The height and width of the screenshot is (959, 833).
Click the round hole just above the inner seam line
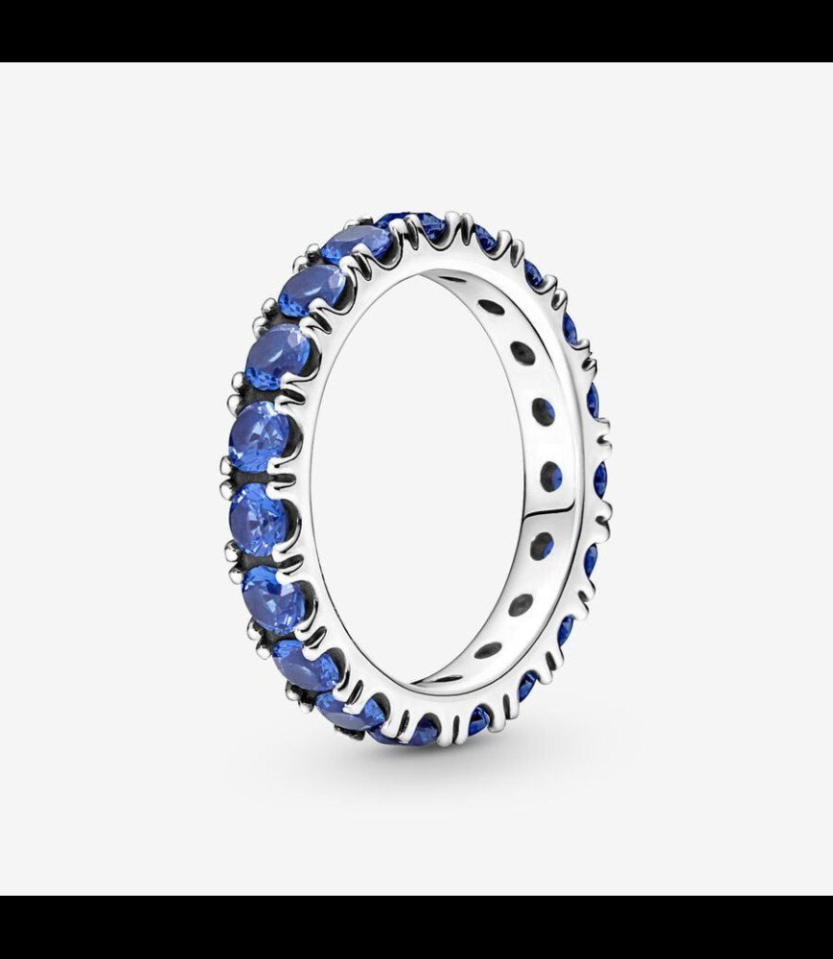[551, 476]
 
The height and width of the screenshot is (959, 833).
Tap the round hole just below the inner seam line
[542, 546]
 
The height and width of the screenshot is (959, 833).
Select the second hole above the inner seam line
[544, 411]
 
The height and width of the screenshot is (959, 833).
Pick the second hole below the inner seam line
[521, 605]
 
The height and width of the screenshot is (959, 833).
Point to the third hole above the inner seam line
[522, 353]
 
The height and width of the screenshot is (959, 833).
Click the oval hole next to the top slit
[491, 307]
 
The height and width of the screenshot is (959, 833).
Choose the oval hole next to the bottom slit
[488, 650]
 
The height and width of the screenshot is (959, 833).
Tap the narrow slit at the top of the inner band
[451, 280]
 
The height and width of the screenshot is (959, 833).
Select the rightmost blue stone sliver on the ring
[600, 479]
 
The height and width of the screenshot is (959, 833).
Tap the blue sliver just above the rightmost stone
[592, 401]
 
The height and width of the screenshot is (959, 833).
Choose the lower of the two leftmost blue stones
[260, 518]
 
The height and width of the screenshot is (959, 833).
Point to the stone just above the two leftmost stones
[277, 357]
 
